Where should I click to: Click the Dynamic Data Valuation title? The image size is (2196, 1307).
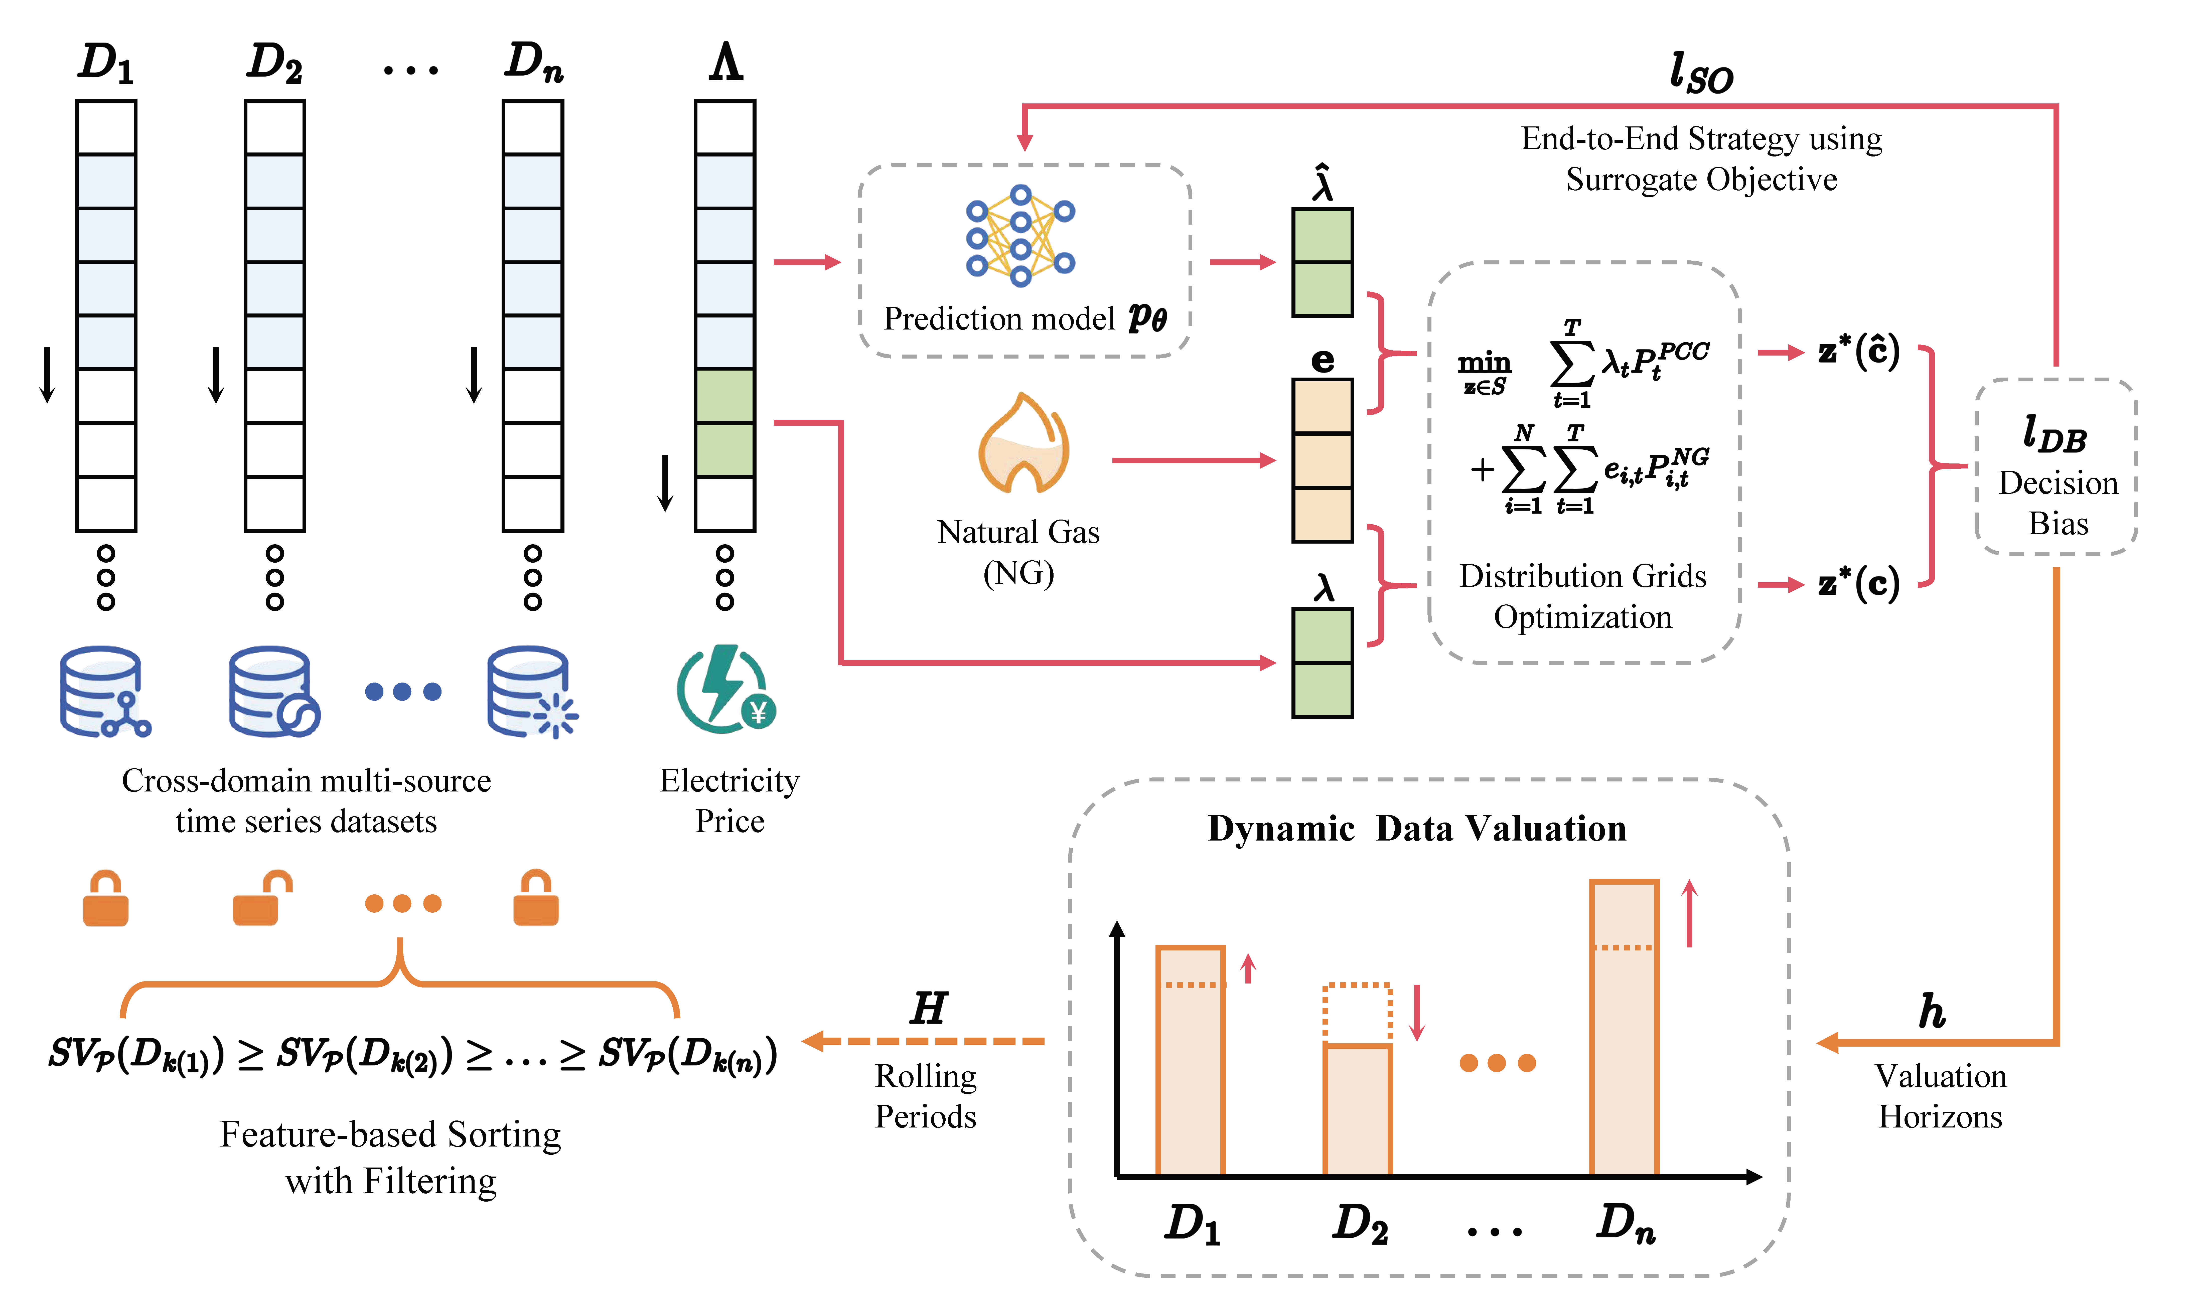(x=1416, y=829)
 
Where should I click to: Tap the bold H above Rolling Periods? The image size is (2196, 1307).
(x=928, y=1009)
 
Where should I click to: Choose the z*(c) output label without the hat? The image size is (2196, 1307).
(x=1859, y=584)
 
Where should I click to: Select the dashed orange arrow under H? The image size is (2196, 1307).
(x=925, y=1041)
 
